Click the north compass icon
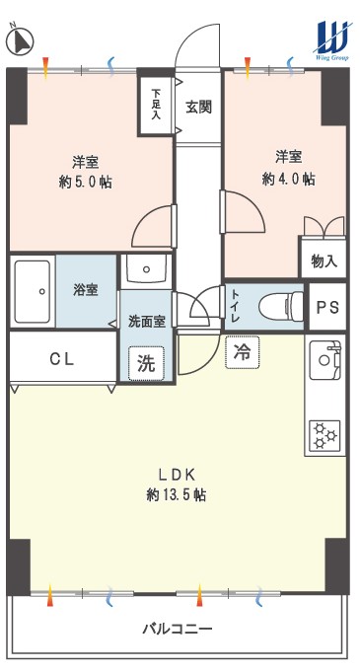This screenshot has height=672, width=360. click(20, 40)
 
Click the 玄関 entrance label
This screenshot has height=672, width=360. click(199, 107)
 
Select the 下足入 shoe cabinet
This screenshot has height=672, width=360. click(156, 105)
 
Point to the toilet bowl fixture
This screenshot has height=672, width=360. click(281, 307)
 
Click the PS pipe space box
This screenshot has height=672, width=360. click(327, 307)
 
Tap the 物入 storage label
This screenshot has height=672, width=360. click(324, 261)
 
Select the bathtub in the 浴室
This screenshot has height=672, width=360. click(33, 291)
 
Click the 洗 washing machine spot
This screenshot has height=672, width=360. click(146, 362)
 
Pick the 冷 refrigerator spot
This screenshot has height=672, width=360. click(243, 352)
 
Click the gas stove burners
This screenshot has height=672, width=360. click(324, 435)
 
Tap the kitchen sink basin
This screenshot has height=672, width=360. click(324, 360)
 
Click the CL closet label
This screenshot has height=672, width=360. click(62, 359)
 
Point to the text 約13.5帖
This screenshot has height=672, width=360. click(177, 495)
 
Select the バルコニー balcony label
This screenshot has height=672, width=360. click(177, 630)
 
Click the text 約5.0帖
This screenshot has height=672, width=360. click(85, 183)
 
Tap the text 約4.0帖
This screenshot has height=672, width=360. click(289, 179)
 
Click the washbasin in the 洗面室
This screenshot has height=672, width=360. click(146, 270)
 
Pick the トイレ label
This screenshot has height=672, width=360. click(236, 307)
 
